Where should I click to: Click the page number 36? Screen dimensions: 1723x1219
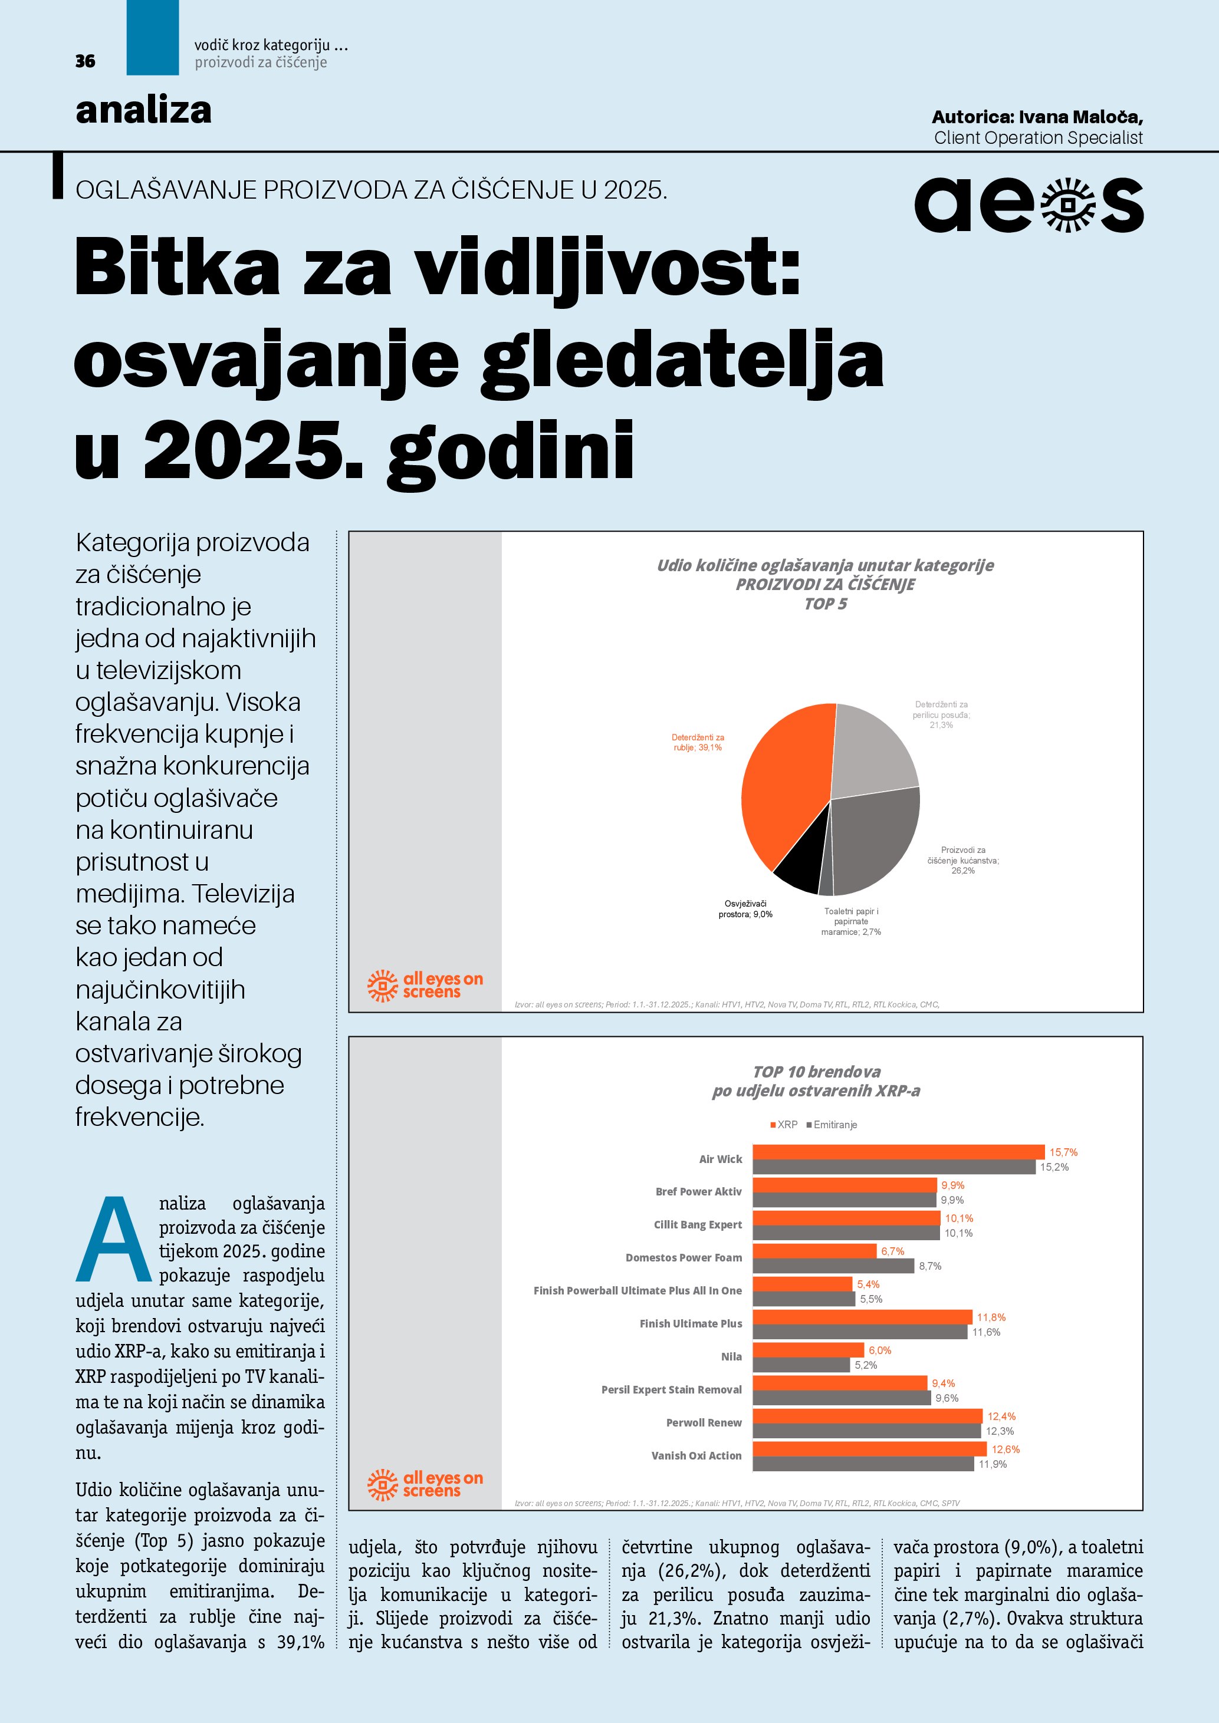coord(85,61)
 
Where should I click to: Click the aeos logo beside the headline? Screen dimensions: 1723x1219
coord(1029,205)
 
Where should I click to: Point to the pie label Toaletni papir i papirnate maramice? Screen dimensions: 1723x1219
coord(850,921)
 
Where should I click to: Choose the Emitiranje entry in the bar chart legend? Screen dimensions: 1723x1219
coord(831,1125)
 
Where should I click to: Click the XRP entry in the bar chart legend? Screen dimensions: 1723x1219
coord(784,1125)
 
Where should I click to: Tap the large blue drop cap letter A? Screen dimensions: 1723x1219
coord(113,1240)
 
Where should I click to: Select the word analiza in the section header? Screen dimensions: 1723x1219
coord(143,110)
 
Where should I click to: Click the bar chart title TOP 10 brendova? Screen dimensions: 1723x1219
coord(817,1072)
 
